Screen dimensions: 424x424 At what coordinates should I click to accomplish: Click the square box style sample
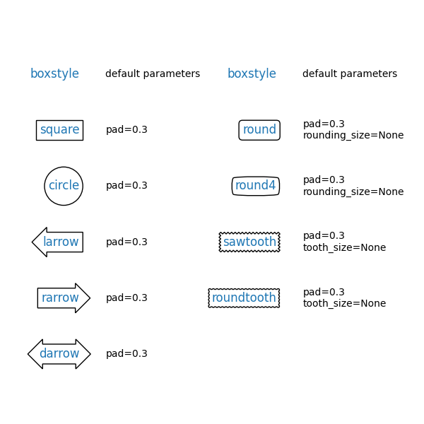[59, 130]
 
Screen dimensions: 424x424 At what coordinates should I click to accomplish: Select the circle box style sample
[64, 186]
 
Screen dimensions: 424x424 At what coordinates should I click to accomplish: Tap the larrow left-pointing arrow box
[59, 242]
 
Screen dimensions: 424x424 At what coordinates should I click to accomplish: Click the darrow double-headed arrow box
[59, 354]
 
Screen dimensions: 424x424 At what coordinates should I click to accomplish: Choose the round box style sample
[259, 130]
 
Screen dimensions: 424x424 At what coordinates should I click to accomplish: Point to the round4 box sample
[256, 186]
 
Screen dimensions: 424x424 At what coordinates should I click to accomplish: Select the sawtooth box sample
[249, 242]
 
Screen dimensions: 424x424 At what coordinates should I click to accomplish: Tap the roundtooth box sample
[244, 298]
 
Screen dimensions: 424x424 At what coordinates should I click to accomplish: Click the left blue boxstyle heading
[54, 74]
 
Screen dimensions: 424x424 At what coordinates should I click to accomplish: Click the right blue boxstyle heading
[252, 74]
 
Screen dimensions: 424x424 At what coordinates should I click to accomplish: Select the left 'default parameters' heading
[153, 74]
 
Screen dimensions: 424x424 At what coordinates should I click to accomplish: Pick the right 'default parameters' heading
[350, 74]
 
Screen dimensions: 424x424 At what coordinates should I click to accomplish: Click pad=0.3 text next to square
[126, 130]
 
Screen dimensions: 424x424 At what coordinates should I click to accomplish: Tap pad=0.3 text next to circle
[126, 186]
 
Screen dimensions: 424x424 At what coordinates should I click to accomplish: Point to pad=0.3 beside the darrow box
[126, 354]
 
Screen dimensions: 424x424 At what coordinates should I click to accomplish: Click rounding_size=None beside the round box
[353, 136]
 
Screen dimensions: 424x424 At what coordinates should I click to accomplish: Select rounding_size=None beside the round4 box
[353, 192]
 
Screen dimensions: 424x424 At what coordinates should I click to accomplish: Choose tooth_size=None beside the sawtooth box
[344, 248]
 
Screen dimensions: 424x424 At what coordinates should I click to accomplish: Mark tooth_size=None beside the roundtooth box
[344, 304]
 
